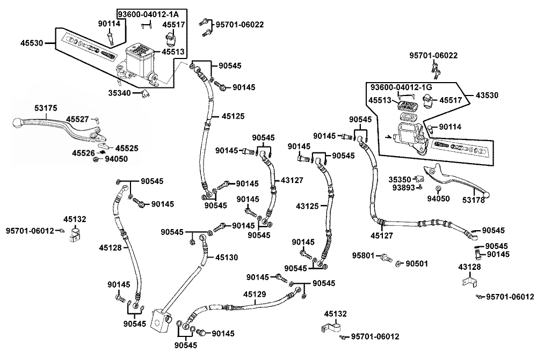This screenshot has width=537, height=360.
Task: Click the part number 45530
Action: point(32,42)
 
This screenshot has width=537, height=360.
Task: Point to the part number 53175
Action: point(46,108)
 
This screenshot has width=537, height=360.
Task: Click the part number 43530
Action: point(487,95)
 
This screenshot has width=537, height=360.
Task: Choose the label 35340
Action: point(120,93)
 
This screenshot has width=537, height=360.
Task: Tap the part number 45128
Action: point(110,247)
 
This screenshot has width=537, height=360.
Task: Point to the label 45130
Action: point(227,258)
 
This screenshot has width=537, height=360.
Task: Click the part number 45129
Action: point(254,294)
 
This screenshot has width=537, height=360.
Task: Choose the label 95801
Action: point(364,255)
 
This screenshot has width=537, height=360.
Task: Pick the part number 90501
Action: point(416,263)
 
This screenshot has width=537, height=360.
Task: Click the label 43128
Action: point(469,267)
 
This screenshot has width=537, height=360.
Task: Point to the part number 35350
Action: point(400,180)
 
